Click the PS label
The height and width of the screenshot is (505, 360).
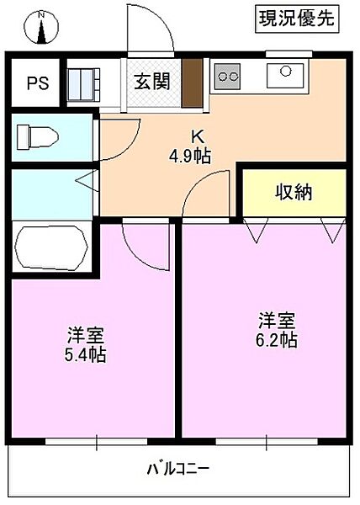pos(36,82)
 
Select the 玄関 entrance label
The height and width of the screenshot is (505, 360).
pos(153,82)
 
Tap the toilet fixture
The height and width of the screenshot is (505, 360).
pos(39,136)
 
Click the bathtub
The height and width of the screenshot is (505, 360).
pos(50,247)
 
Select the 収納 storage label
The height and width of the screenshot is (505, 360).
pos(294,192)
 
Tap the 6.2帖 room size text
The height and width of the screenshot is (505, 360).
pos(278,339)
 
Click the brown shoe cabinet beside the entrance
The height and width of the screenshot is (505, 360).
pos(193,83)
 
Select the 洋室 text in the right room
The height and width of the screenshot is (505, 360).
pos(277,320)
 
